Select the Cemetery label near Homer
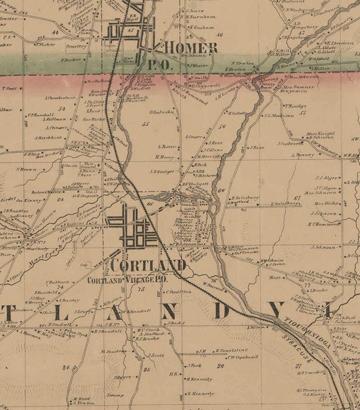(76, 46)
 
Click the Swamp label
(115, 395)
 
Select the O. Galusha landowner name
(162, 112)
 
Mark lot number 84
(67, 367)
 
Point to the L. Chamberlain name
(60, 97)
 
